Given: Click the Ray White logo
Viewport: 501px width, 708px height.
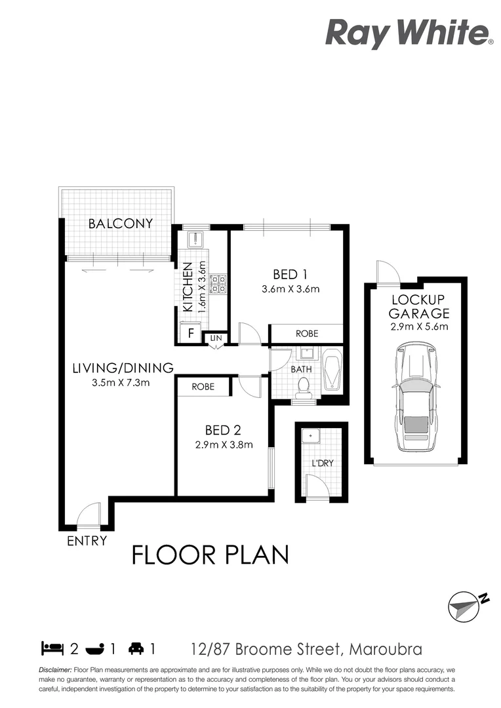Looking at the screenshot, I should click(409, 33).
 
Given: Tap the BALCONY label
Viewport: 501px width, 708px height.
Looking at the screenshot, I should click(121, 224).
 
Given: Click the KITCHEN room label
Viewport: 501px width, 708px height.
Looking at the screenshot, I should click(188, 287).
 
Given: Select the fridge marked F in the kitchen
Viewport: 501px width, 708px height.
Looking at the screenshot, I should click(191, 332).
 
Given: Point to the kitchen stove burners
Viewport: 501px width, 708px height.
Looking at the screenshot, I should click(218, 283).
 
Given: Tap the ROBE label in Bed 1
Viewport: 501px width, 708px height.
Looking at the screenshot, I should click(307, 334).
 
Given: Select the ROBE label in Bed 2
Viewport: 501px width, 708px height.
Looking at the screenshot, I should click(203, 387).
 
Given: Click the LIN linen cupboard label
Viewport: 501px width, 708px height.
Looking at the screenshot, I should click(216, 338).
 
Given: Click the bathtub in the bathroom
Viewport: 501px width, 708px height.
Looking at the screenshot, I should click(332, 370).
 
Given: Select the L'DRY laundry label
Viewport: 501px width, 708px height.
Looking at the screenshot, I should click(323, 463).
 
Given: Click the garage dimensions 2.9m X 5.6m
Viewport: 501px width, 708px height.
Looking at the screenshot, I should click(419, 327).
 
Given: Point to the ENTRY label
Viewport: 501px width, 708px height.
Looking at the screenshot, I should click(87, 541).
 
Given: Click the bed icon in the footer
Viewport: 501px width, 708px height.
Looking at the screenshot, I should click(52, 649).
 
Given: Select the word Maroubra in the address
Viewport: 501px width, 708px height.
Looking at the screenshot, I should click(386, 650).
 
